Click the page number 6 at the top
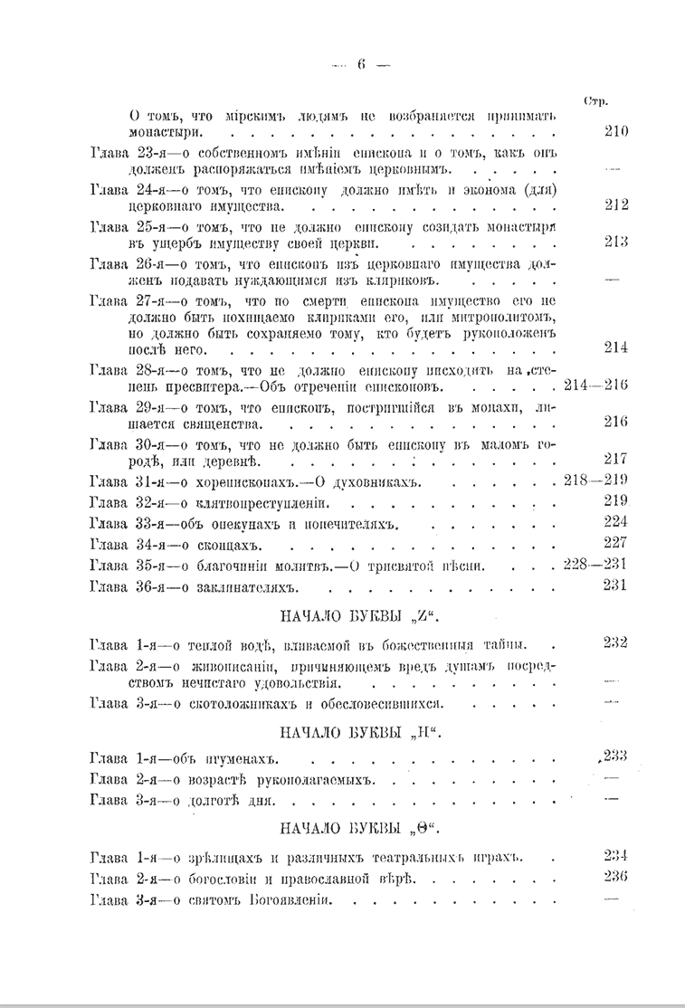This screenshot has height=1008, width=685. point(360,64)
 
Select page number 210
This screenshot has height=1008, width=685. point(615,130)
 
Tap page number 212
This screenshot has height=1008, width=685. point(615,204)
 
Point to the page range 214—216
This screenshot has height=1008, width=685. point(595,385)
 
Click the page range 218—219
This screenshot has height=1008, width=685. point(595,480)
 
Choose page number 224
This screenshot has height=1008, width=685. point(615,522)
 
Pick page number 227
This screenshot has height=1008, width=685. point(615,543)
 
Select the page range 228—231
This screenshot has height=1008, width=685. point(595,564)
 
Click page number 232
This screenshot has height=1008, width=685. point(615,642)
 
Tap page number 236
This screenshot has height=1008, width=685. point(615,877)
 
